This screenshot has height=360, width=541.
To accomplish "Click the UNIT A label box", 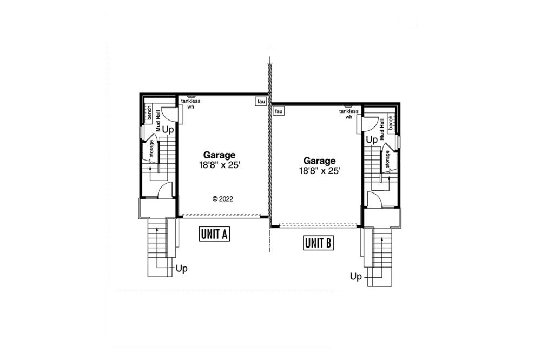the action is coord(214,234).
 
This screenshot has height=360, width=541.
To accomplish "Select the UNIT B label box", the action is coord(318,243).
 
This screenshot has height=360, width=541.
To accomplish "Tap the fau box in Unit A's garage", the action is coord(261,102).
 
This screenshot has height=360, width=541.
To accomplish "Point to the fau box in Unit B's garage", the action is coord(279,111).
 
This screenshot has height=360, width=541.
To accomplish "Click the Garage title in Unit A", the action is coord(219,155).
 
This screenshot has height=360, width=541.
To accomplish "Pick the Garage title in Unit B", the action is coord(320,161).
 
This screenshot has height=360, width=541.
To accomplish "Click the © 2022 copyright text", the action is coord(222,199).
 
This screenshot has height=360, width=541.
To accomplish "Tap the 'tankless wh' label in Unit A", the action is coord(191,104).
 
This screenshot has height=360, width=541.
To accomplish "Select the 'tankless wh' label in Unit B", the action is coord(349,114).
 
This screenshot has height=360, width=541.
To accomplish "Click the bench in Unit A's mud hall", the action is coord(149,112).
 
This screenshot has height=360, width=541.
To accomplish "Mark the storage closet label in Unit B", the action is coord(387,159).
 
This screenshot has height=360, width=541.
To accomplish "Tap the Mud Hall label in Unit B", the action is coord(381,129).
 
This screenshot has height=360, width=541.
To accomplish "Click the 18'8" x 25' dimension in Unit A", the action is coord(219,165).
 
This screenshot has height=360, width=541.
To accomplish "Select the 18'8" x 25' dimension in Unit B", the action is coord(320,171).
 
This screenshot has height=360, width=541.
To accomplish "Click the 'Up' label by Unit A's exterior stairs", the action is coord(181,268).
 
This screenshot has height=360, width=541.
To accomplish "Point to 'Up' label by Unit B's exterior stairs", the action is coord(356,276).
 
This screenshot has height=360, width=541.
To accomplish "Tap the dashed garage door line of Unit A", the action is coord(221,216).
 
